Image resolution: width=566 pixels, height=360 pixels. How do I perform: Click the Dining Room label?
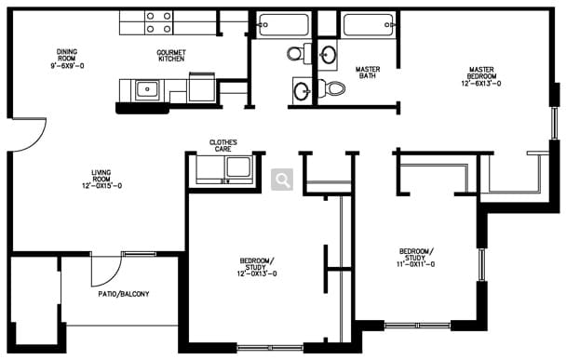click(67, 59)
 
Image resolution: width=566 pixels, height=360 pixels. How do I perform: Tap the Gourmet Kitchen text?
click(171, 55)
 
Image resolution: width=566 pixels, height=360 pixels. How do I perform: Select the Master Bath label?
click(368, 73)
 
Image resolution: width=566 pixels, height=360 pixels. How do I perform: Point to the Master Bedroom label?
click(481, 76)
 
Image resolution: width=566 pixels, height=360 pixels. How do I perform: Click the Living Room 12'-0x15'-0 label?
click(101, 179)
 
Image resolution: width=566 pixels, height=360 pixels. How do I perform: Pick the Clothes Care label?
click(223, 145)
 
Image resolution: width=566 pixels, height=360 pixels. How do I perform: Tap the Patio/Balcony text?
click(124, 294)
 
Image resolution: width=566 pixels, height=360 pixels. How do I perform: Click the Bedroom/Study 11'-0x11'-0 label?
click(415, 258)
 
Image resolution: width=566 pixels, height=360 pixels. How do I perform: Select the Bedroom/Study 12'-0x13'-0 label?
click(257, 267)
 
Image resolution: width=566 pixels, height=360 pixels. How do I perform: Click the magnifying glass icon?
click(282, 180)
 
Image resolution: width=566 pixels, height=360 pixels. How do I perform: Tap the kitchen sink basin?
click(146, 88)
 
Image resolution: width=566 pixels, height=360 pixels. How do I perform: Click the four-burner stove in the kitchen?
click(159, 22)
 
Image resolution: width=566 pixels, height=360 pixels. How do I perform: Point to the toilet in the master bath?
click(331, 87)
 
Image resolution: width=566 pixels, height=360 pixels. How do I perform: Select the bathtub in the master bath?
click(369, 24)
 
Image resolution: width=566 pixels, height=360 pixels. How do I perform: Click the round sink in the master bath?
click(328, 55)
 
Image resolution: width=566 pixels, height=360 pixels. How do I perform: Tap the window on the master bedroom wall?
click(554, 123)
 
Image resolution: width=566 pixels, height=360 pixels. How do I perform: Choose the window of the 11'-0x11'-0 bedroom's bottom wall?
click(417, 326)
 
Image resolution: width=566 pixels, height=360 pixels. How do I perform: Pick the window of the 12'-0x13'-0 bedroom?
click(270, 348)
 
